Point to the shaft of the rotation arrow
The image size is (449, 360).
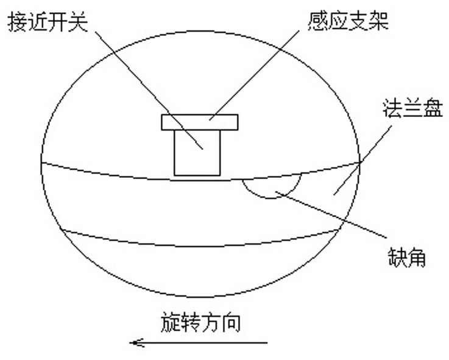(x=207, y=343)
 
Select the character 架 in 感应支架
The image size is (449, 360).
(x=378, y=23)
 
